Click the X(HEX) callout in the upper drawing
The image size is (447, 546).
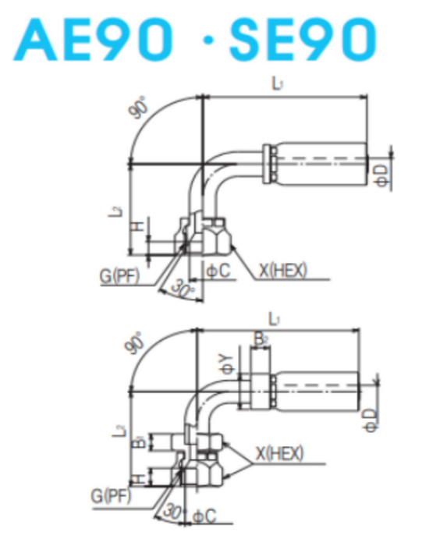282,270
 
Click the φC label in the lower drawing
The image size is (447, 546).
204,515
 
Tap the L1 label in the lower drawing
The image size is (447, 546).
273,319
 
